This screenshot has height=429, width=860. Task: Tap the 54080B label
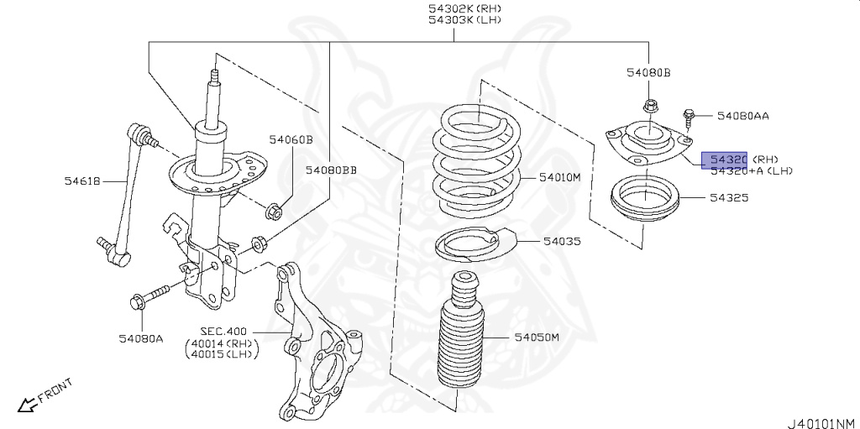coord(648,73)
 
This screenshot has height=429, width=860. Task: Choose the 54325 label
coord(728,197)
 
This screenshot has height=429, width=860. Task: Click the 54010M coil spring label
coord(560,178)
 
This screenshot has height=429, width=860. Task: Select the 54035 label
coord(561,241)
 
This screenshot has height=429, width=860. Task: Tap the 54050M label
coord(537,337)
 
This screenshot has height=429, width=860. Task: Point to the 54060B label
coord(291,139)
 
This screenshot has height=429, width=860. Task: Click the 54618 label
coord(81,180)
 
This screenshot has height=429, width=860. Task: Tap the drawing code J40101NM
coord(821,422)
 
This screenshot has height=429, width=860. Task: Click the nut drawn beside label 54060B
coord(273,211)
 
